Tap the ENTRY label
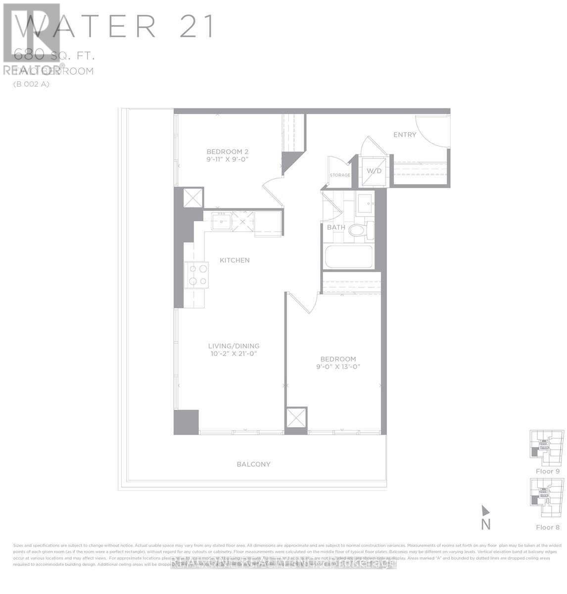coord(405,135)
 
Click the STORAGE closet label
coord(340,175)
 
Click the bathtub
coord(348,256)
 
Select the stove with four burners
coord(196,275)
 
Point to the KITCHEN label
coord(235,260)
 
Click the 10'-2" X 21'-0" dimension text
coord(234,354)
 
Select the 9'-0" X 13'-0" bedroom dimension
coord(338,367)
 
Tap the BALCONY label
coord(253,464)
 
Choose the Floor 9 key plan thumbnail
coord(547,448)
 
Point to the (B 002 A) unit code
coord(31,84)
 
